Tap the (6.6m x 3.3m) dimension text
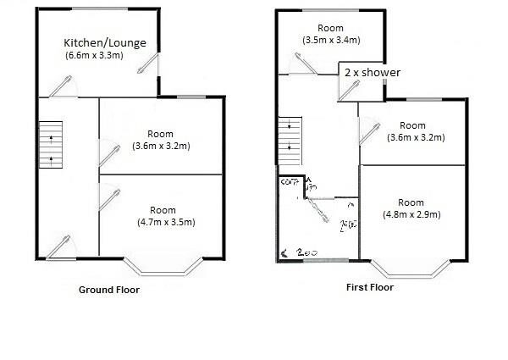pos(95,56)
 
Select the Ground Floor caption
pos(109,290)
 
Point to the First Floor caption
pos(370,287)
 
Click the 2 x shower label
pos(372,73)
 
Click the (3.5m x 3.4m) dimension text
pos(330,40)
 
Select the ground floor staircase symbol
pos(51,144)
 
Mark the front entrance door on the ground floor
pos(60,245)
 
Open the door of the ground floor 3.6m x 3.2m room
pos(108,153)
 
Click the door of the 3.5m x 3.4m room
pos(302,66)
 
